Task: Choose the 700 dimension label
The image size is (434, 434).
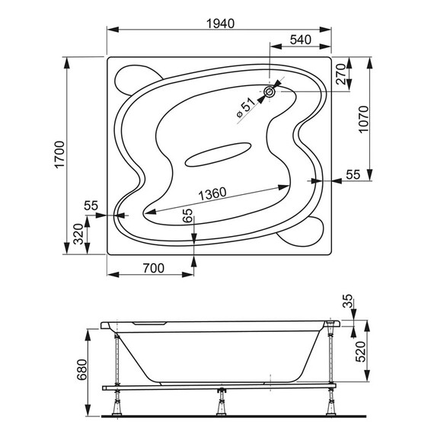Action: [x=154, y=268]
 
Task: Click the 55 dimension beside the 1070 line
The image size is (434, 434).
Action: [x=353, y=175]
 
